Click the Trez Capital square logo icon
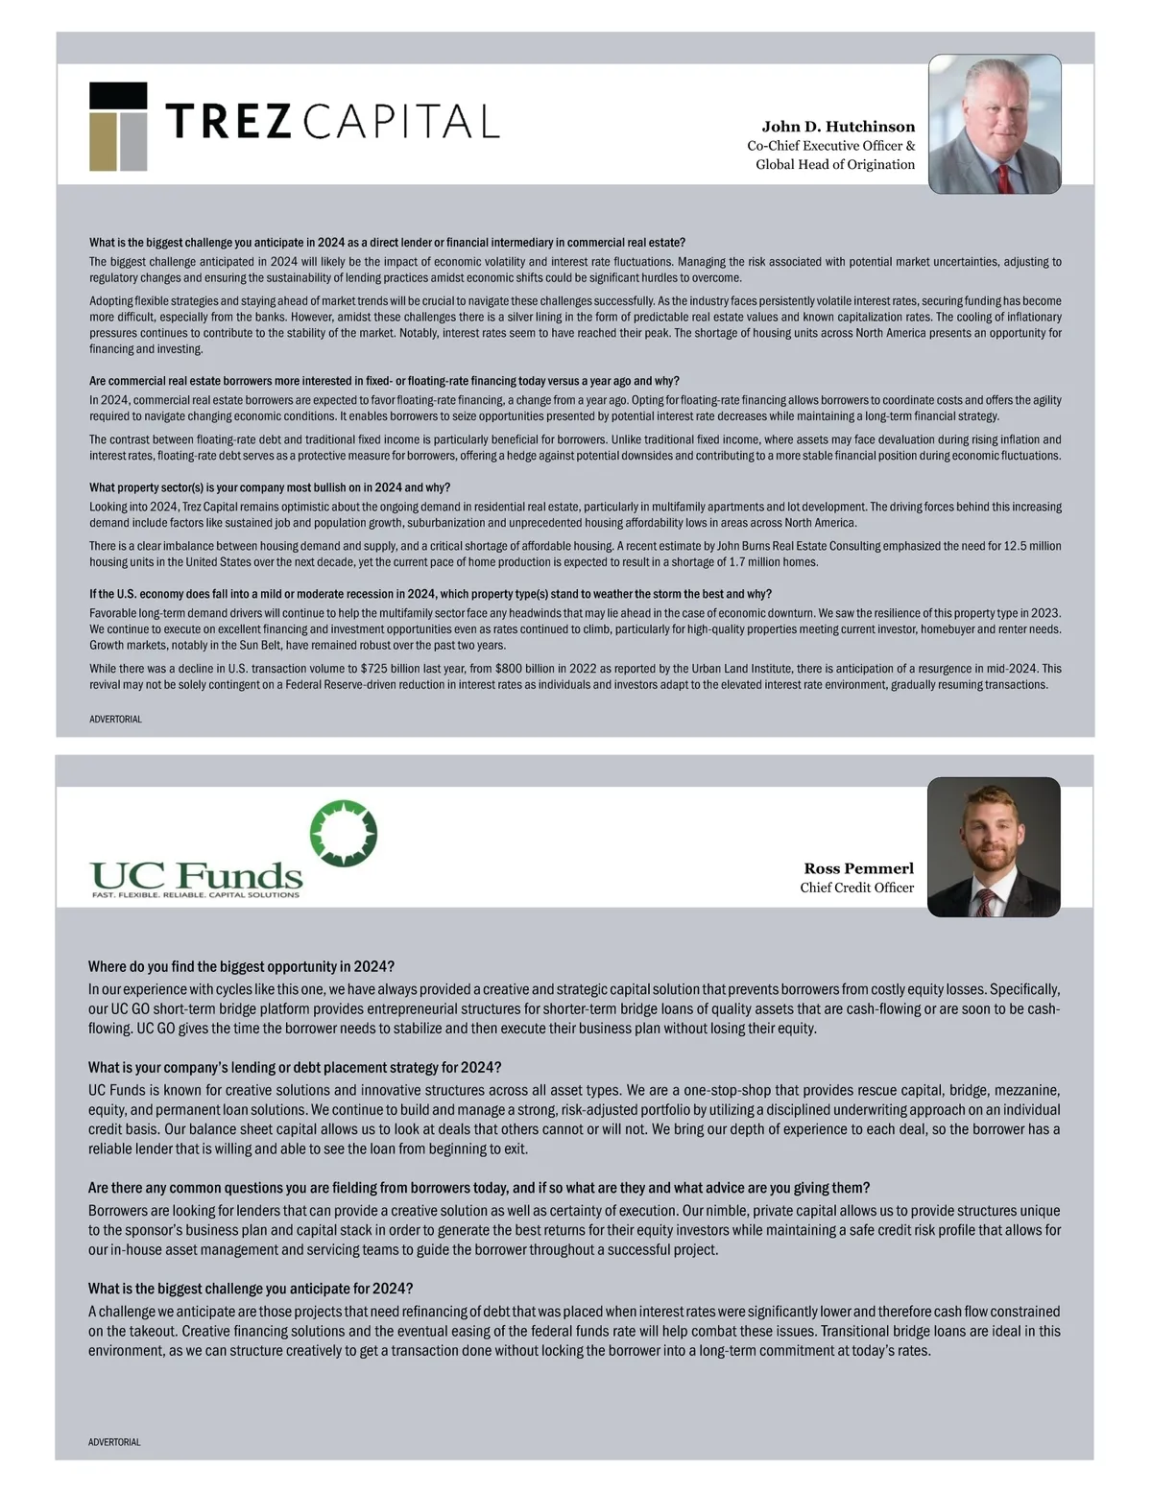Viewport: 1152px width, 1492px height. tap(118, 127)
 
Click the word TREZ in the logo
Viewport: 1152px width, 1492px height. tap(228, 122)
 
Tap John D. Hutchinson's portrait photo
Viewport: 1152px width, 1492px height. tap(995, 125)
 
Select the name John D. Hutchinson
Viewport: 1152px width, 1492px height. tap(838, 127)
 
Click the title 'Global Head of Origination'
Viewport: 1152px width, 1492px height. tap(835, 164)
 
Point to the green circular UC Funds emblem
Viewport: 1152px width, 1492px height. tap(343, 832)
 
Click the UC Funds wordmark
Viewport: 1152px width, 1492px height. tap(196, 874)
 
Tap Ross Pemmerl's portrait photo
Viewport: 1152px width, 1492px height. tap(994, 846)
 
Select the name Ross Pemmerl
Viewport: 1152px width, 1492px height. tap(858, 868)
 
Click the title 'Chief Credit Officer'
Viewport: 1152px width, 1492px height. tap(856, 888)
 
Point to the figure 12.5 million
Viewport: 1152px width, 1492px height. tap(1032, 546)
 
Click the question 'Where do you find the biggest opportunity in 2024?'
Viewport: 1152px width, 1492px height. tap(241, 966)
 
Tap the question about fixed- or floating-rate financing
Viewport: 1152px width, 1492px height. tap(384, 381)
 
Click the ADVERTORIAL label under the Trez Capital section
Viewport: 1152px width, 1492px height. tap(115, 719)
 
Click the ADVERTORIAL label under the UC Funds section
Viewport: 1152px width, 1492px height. tap(114, 1442)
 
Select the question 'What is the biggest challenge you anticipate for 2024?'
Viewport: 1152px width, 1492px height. tap(251, 1288)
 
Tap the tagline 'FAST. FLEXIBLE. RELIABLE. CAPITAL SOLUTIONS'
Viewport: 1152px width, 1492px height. tap(195, 895)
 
